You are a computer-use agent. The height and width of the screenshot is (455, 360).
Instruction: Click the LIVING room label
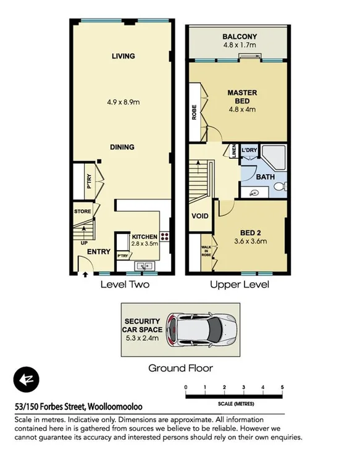pyautogui.click(x=123, y=56)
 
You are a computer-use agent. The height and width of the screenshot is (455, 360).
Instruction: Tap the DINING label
pyautogui.click(x=123, y=147)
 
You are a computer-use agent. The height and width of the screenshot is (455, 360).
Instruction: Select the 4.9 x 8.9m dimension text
pyautogui.click(x=123, y=96)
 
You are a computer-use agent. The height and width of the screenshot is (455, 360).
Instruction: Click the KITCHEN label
pyautogui.click(x=144, y=236)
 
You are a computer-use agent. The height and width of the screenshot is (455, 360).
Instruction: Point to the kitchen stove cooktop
pyautogui.click(x=165, y=236)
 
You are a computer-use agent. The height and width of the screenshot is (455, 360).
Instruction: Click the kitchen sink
pyautogui.click(x=146, y=265)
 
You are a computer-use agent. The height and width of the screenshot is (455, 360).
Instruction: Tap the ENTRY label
pyautogui.click(x=98, y=251)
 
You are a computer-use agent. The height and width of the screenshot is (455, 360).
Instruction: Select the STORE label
pyautogui.click(x=83, y=212)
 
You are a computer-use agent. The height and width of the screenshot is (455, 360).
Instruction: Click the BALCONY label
pyautogui.click(x=240, y=36)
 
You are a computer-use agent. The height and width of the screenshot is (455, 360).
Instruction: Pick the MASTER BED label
pyautogui.click(x=242, y=97)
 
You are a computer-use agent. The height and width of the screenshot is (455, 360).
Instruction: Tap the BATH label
pyautogui.click(x=266, y=177)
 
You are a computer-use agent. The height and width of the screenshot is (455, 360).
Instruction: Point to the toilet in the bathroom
pyautogui.click(x=281, y=186)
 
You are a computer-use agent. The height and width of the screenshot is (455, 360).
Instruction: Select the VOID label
pyautogui.click(x=199, y=217)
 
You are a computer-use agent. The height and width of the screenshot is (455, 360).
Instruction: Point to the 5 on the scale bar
pyautogui.click(x=282, y=387)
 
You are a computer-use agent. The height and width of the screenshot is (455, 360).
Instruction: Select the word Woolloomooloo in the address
pyautogui.click(x=122, y=407)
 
